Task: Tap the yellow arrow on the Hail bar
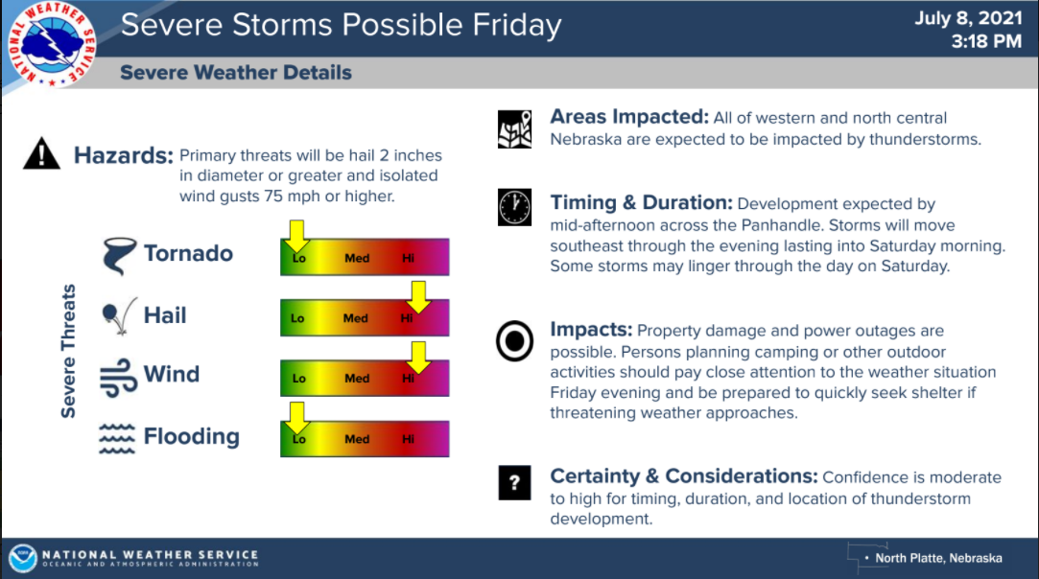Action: [418, 297]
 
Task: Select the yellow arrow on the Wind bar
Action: [418, 358]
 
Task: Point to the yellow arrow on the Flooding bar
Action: [296, 418]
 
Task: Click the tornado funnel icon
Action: [119, 256]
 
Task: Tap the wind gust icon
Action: [119, 378]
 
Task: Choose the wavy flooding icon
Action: [117, 438]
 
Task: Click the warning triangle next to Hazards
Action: [42, 153]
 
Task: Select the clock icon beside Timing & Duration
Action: [514, 207]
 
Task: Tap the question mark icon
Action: [514, 482]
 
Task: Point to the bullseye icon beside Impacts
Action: [514, 342]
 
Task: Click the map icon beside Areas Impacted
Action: [514, 129]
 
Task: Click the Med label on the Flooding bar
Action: [357, 439]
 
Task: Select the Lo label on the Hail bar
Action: [297, 318]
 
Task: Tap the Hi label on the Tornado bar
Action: [408, 259]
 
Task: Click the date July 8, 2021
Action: [968, 18]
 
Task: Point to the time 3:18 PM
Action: [986, 41]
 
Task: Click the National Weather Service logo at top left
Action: [52, 45]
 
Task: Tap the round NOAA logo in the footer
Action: [22, 559]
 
